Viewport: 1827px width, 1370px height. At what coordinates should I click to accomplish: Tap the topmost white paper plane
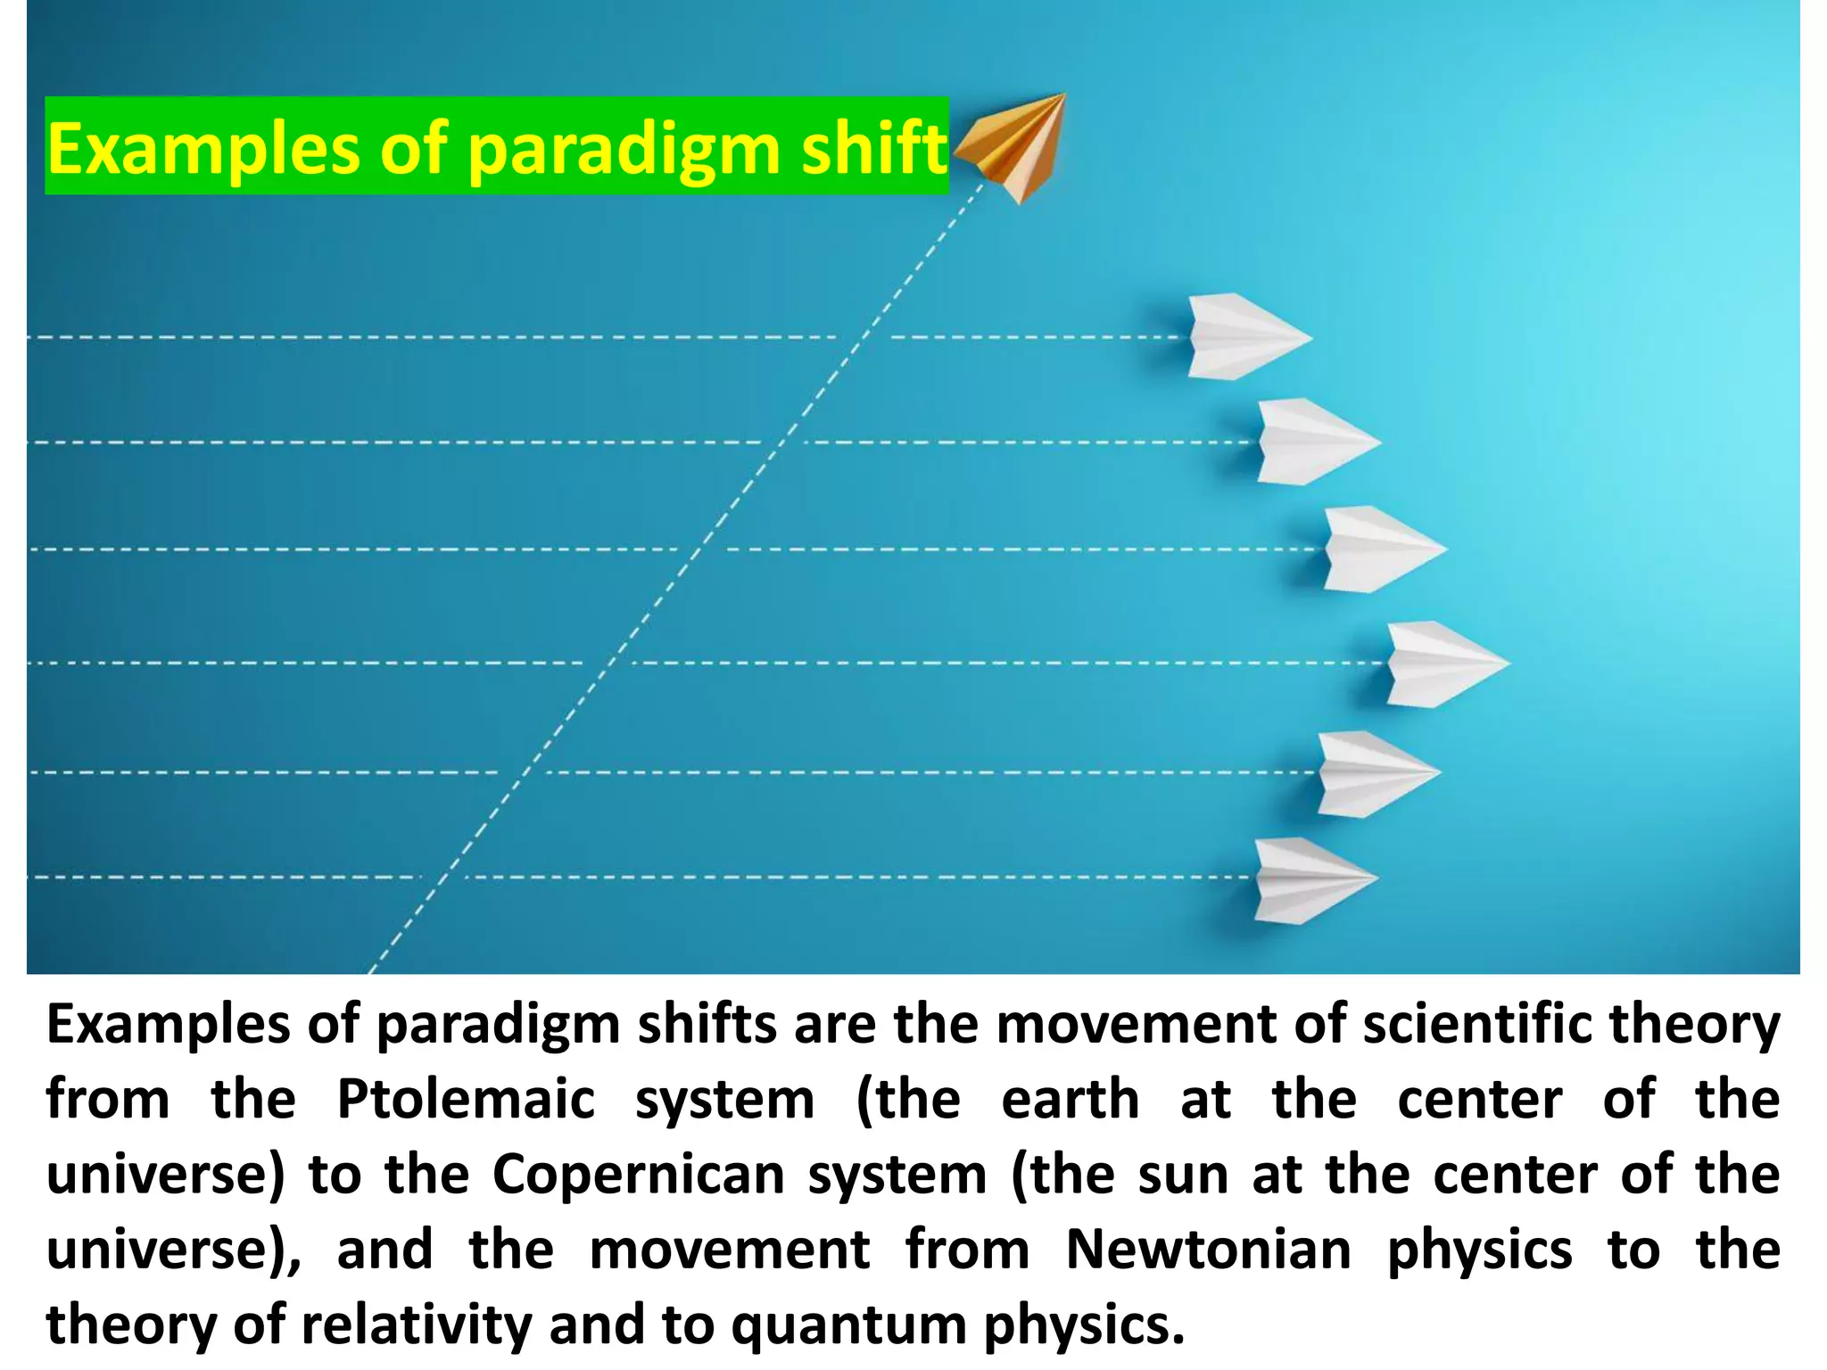(x=1244, y=337)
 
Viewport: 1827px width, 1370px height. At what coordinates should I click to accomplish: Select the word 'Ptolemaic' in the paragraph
(x=466, y=1099)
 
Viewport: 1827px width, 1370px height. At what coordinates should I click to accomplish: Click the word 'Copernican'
(x=637, y=1174)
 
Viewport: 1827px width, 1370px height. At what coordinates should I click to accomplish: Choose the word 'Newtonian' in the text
(x=1208, y=1249)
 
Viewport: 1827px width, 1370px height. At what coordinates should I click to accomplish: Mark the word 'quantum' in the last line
(x=848, y=1325)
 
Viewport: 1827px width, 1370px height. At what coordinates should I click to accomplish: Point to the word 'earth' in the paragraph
(x=1071, y=1099)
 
